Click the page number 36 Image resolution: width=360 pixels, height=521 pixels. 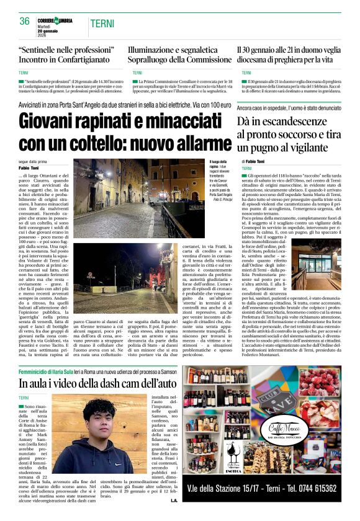[x=25, y=21]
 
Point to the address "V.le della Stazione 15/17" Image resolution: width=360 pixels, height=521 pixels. [x=225, y=488]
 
